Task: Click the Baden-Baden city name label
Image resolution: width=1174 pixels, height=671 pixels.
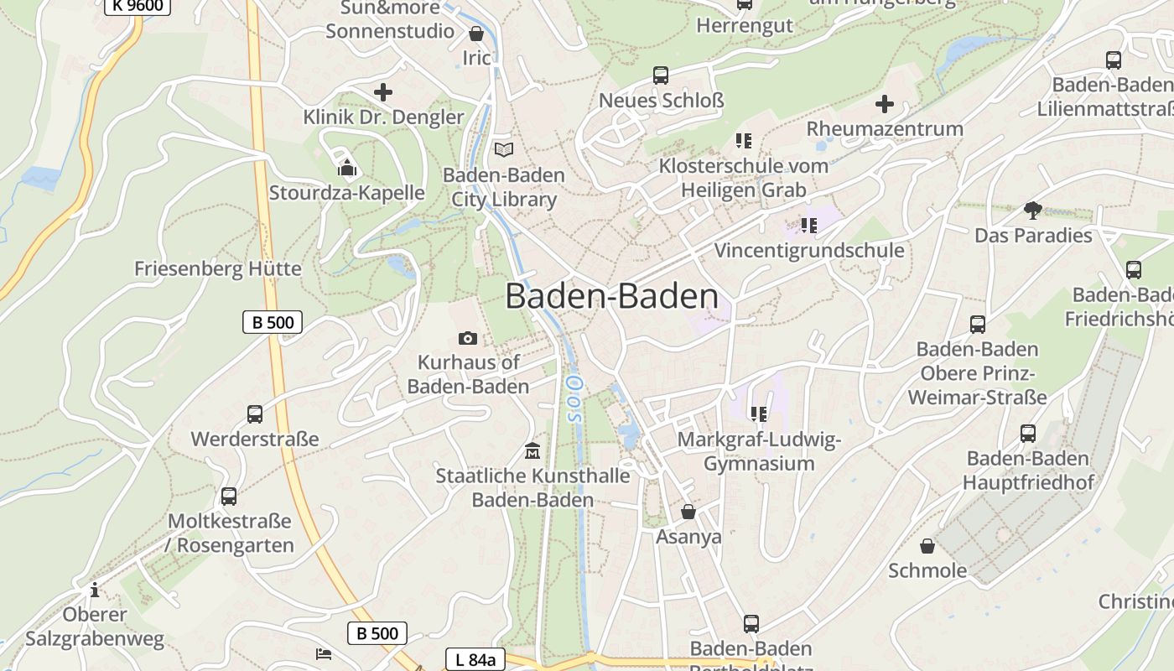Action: tap(611, 297)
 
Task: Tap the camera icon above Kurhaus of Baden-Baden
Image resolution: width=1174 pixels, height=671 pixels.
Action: tap(468, 338)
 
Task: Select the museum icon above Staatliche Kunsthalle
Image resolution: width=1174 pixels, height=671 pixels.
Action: tap(532, 451)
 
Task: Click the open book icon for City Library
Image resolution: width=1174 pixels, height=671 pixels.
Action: tap(503, 149)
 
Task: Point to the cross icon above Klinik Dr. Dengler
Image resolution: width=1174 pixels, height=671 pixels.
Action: tap(383, 92)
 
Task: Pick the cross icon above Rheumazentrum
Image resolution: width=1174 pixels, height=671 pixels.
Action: tap(885, 104)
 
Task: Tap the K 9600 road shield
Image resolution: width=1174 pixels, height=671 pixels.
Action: tap(138, 6)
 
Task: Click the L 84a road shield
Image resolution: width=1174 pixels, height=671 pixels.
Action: tap(475, 660)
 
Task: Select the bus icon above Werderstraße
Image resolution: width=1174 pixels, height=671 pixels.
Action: tap(255, 414)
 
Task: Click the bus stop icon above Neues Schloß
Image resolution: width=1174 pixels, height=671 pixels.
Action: tap(661, 75)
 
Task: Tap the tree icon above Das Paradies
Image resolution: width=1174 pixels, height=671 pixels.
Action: tap(1032, 210)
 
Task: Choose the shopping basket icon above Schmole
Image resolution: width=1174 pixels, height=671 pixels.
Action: tap(927, 546)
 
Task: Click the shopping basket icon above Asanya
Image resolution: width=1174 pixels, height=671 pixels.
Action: tap(688, 511)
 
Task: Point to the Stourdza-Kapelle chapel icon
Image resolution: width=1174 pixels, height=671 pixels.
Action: tap(347, 168)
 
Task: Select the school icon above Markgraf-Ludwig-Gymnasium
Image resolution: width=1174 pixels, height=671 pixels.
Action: tap(759, 414)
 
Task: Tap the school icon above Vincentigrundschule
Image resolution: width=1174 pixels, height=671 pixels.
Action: tap(809, 225)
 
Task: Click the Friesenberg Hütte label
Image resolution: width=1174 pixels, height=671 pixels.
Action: tap(217, 269)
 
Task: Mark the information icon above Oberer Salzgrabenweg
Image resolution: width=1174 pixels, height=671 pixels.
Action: tap(95, 590)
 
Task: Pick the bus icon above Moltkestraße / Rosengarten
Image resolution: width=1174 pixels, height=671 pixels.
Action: tap(229, 496)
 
